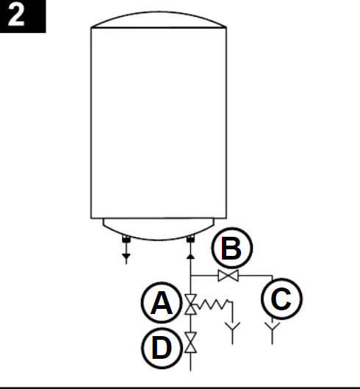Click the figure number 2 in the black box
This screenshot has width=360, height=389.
16,15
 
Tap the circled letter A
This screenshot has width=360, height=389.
162,303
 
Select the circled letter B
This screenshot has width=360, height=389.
232,248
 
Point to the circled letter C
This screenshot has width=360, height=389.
281,299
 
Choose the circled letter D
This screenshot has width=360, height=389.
162,348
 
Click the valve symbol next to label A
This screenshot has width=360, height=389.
191,304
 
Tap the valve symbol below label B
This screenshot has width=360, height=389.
228,276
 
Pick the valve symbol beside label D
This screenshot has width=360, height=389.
191,343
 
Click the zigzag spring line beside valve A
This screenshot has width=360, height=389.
213,304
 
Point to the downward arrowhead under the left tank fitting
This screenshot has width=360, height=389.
126,257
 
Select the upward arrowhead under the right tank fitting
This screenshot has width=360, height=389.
190,257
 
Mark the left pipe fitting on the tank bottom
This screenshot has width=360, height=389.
126,239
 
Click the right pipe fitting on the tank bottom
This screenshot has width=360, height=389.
190,239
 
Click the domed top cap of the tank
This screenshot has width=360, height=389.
159,13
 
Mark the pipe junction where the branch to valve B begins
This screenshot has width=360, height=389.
191,275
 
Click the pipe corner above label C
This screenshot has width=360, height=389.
273,275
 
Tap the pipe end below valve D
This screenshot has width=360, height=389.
191,371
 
